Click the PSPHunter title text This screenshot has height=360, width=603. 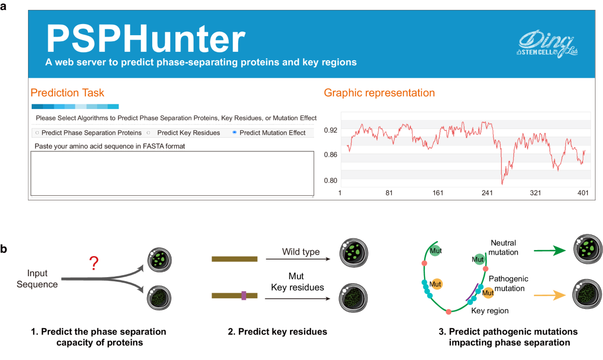pyautogui.click(x=146, y=38)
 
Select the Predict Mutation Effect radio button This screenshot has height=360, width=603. pyautogui.click(x=235, y=133)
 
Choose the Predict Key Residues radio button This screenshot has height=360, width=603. pyautogui.click(x=149, y=133)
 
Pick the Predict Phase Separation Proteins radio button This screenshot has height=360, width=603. pyautogui.click(x=37, y=133)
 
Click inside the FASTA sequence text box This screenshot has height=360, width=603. pyautogui.click(x=171, y=173)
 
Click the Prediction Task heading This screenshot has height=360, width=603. pyautogui.click(x=67, y=93)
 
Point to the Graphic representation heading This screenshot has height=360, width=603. pyautogui.click(x=379, y=93)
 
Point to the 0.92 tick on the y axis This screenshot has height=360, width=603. pyautogui.click(x=330, y=130)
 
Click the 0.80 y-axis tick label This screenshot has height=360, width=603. pyautogui.click(x=330, y=180)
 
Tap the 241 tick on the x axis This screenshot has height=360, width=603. pyautogui.click(x=487, y=193)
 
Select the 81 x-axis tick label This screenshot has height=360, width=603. pyautogui.click(x=388, y=193)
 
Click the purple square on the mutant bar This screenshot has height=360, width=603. pyautogui.click(x=244, y=296)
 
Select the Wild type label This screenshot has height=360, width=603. pyautogui.click(x=301, y=252)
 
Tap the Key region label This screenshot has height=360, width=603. pyautogui.click(x=490, y=311)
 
